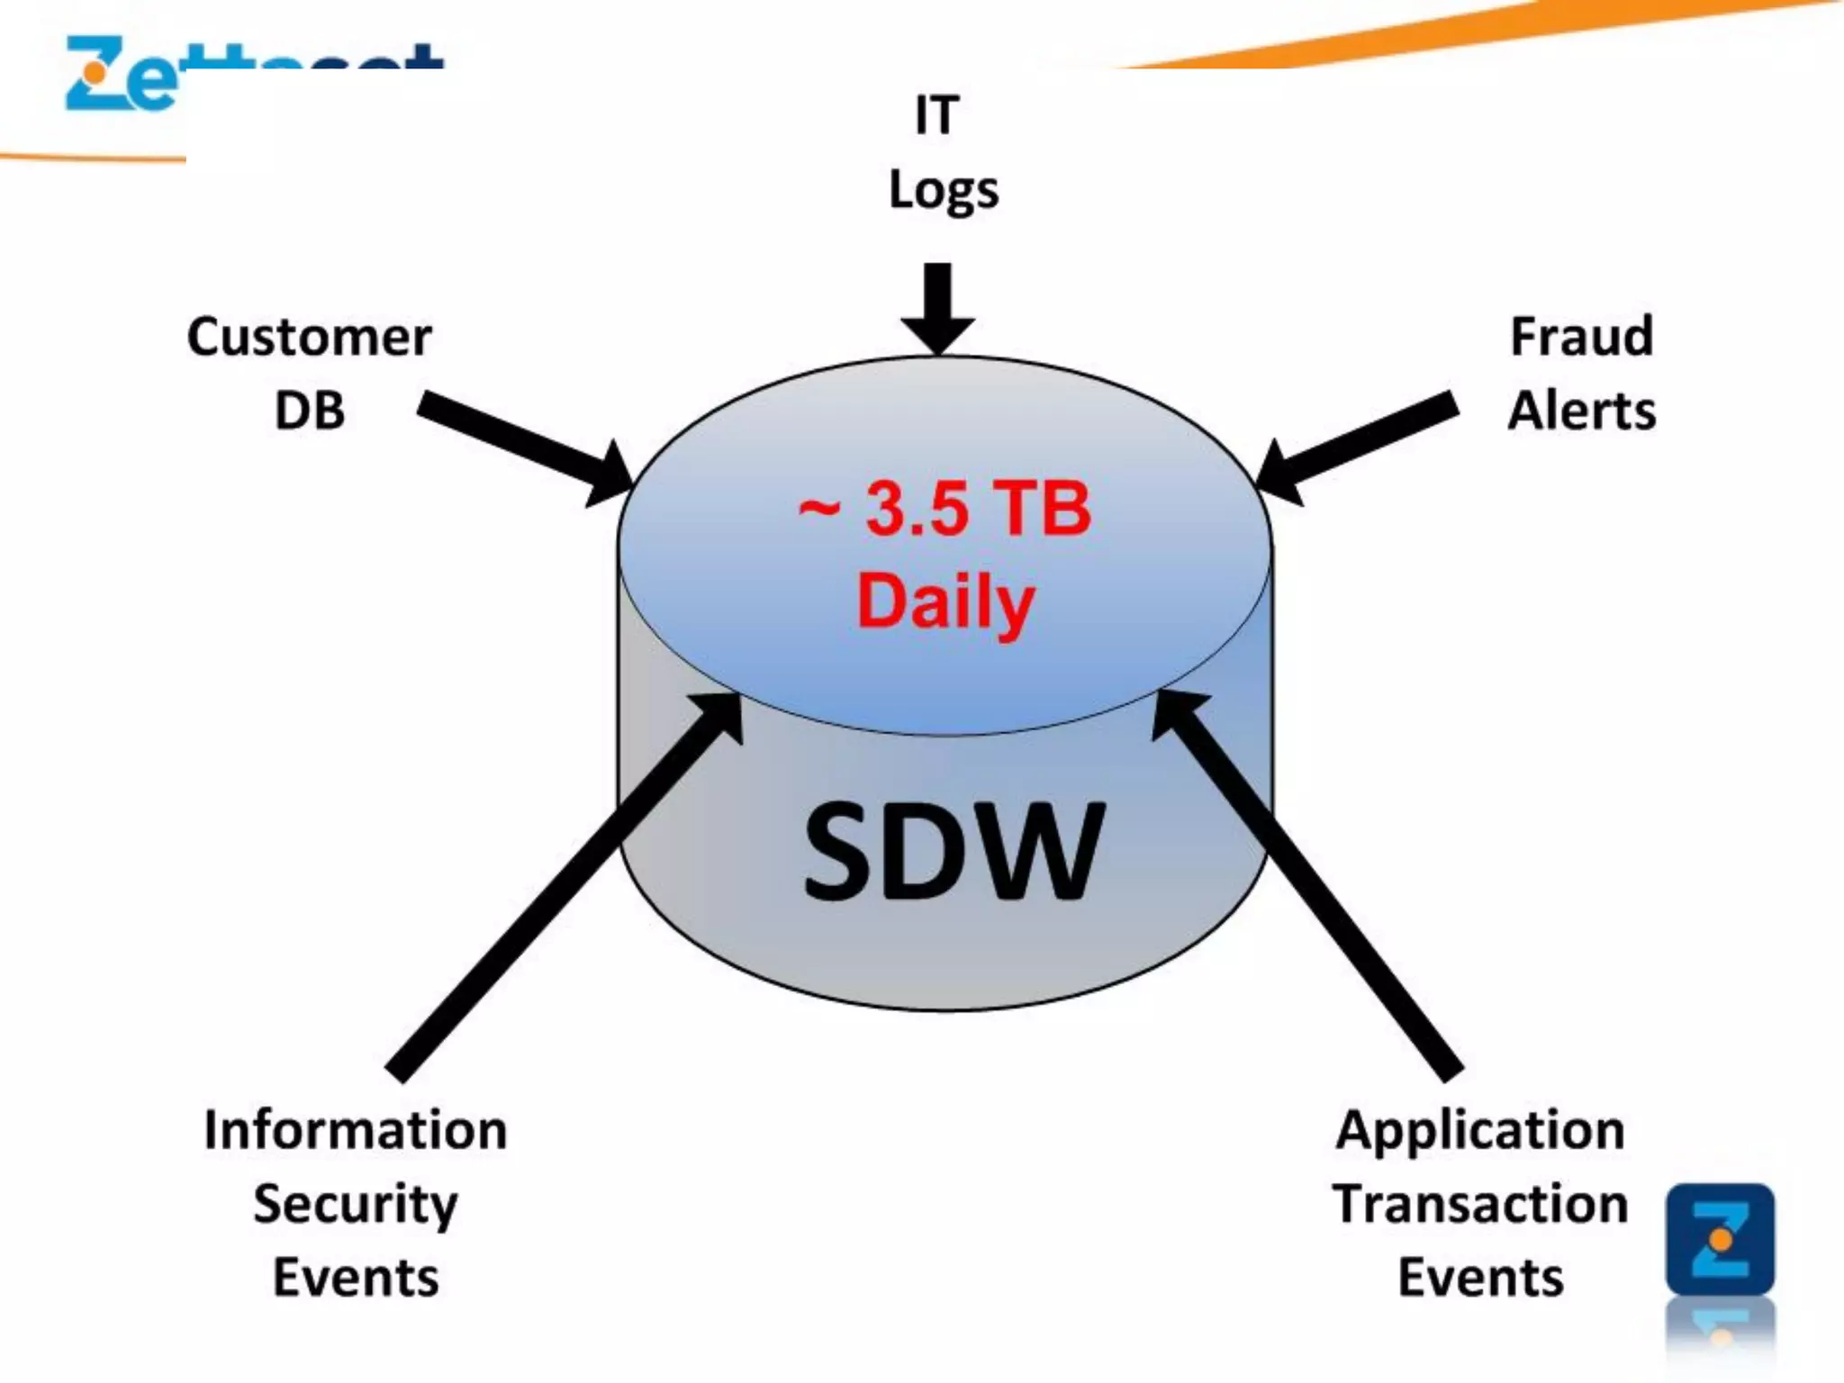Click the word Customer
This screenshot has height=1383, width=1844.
point(309,338)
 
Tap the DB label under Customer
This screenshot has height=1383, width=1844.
point(309,411)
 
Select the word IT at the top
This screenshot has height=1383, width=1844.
point(936,116)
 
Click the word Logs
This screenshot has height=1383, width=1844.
point(944,191)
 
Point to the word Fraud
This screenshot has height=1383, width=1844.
point(1581,337)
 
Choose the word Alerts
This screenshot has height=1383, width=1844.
point(1581,411)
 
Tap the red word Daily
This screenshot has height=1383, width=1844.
point(945,601)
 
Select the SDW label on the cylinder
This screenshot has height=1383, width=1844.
point(953,852)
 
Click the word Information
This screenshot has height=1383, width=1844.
point(356,1130)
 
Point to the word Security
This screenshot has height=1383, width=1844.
point(356,1205)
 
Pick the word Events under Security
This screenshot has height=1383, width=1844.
point(356,1279)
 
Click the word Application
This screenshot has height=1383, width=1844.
point(1480,1131)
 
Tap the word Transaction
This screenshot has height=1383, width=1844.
point(1480,1205)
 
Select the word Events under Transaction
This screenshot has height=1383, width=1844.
point(1480,1279)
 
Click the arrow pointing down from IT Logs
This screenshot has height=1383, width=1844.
point(937,306)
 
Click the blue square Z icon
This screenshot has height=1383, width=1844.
point(1720,1239)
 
